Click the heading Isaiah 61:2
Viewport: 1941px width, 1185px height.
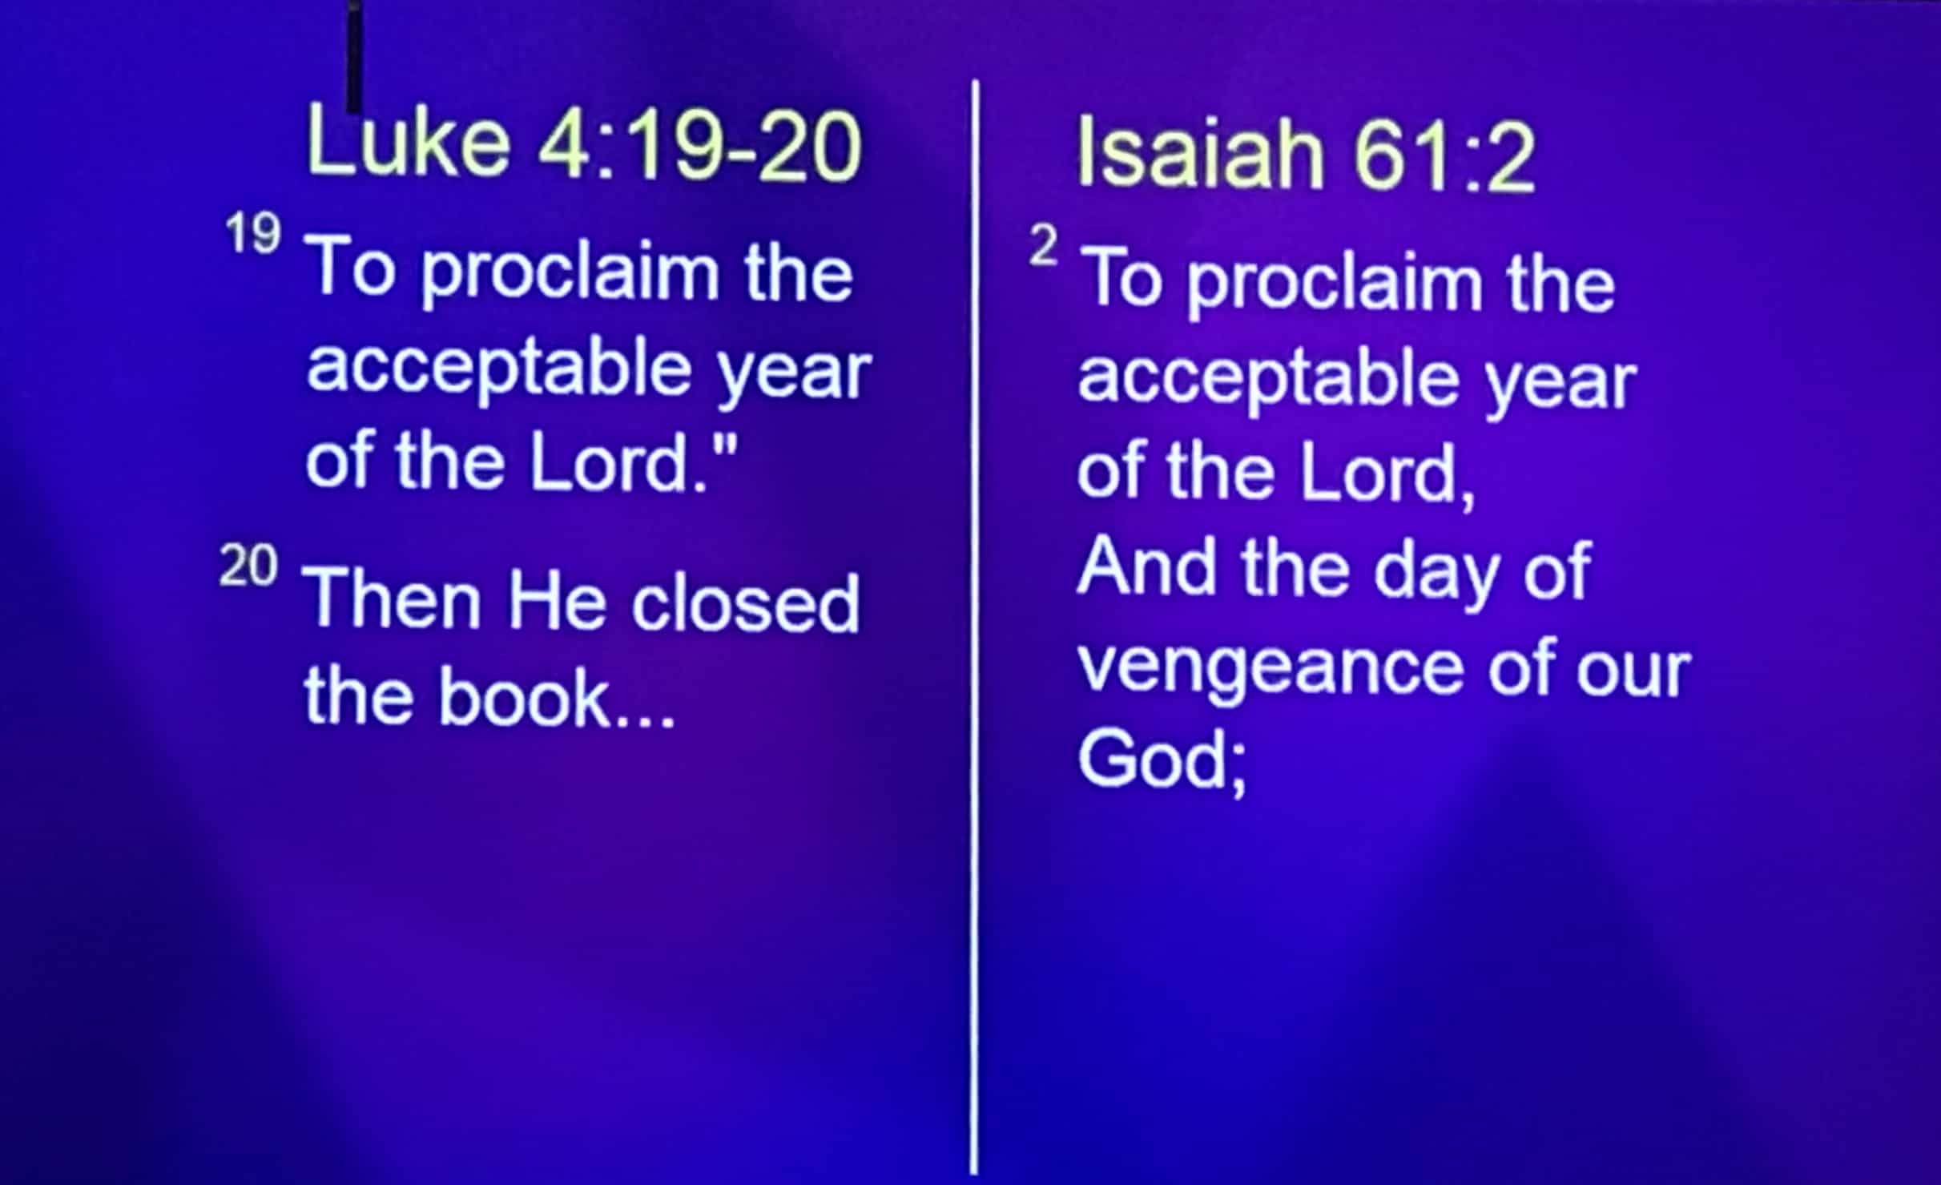1307,153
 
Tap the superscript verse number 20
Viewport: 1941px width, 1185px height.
248,566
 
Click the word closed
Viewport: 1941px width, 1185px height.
746,603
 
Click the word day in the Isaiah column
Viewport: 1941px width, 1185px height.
1436,574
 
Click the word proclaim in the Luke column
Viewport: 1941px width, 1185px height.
571,273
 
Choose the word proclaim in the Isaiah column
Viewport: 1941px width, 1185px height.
1334,284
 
